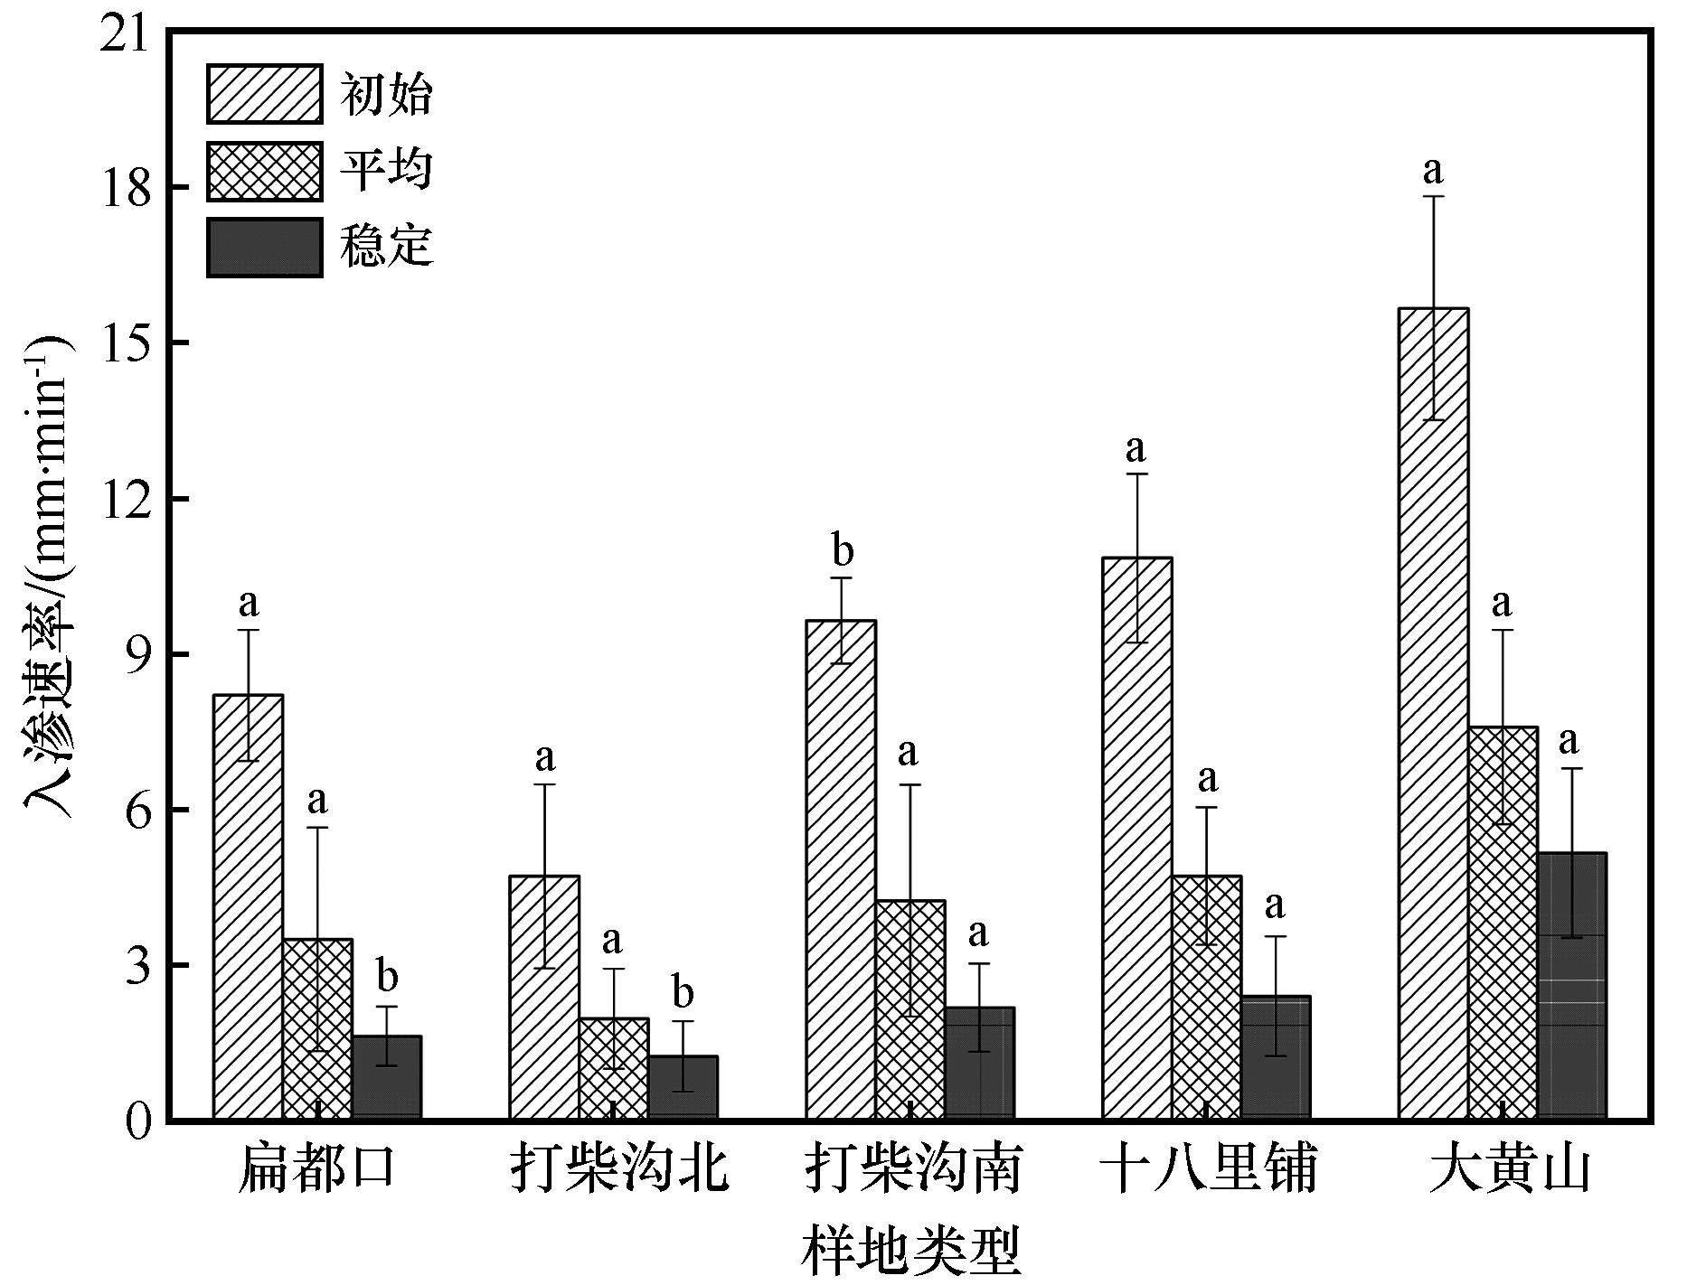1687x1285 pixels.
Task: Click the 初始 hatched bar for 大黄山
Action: click(x=1433, y=714)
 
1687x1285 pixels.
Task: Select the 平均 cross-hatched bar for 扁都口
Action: click(x=317, y=1029)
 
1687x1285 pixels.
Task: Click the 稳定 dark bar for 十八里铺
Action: click(x=1276, y=1057)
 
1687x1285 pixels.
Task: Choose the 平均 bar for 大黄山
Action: click(x=1503, y=923)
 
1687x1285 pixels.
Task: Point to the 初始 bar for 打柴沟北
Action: click(x=544, y=998)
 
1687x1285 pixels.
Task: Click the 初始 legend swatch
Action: click(x=264, y=93)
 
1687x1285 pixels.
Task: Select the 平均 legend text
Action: click(x=386, y=169)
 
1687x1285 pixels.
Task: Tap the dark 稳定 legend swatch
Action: click(x=264, y=247)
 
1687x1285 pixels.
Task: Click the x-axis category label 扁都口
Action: click(x=317, y=1169)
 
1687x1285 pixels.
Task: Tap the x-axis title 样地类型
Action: click(x=910, y=1251)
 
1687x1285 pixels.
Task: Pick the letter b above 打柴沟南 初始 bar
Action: click(x=842, y=550)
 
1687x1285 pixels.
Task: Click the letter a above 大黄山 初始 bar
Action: click(x=1433, y=170)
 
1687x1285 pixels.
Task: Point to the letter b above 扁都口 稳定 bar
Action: click(x=387, y=976)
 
